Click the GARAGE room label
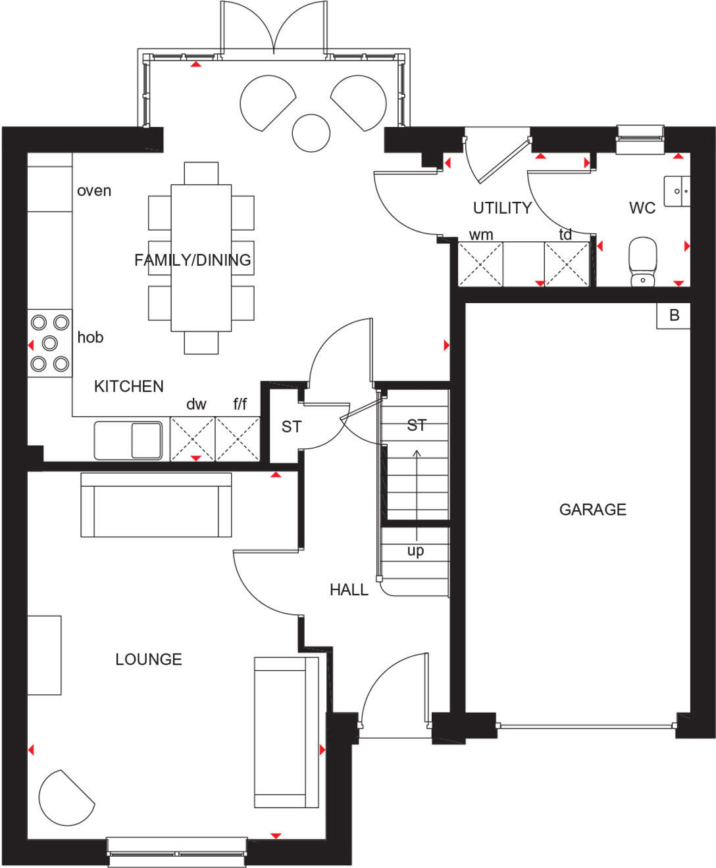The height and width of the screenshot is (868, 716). point(592,510)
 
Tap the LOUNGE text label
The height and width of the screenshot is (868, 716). point(149,660)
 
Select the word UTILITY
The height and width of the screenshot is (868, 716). point(502,208)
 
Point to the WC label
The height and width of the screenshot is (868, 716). point(642,208)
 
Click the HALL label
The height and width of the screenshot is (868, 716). point(349,590)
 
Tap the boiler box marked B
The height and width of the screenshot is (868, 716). point(673,316)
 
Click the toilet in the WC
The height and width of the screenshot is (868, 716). point(642,262)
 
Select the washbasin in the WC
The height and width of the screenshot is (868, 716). point(677,191)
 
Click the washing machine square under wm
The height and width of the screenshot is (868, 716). point(480,264)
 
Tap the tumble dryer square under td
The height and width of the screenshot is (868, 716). point(567,264)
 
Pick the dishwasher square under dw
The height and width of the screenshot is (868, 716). point(192,439)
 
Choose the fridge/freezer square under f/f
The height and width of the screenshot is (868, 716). point(238,439)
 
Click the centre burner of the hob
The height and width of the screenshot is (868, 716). point(50,343)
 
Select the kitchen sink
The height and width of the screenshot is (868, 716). point(128,440)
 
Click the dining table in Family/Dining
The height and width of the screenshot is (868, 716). point(201,258)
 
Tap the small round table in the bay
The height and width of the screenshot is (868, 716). point(311,133)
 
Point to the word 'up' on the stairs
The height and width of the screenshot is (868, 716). point(415,550)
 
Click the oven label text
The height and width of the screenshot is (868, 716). point(94,191)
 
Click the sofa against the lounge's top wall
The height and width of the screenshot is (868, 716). point(156,505)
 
